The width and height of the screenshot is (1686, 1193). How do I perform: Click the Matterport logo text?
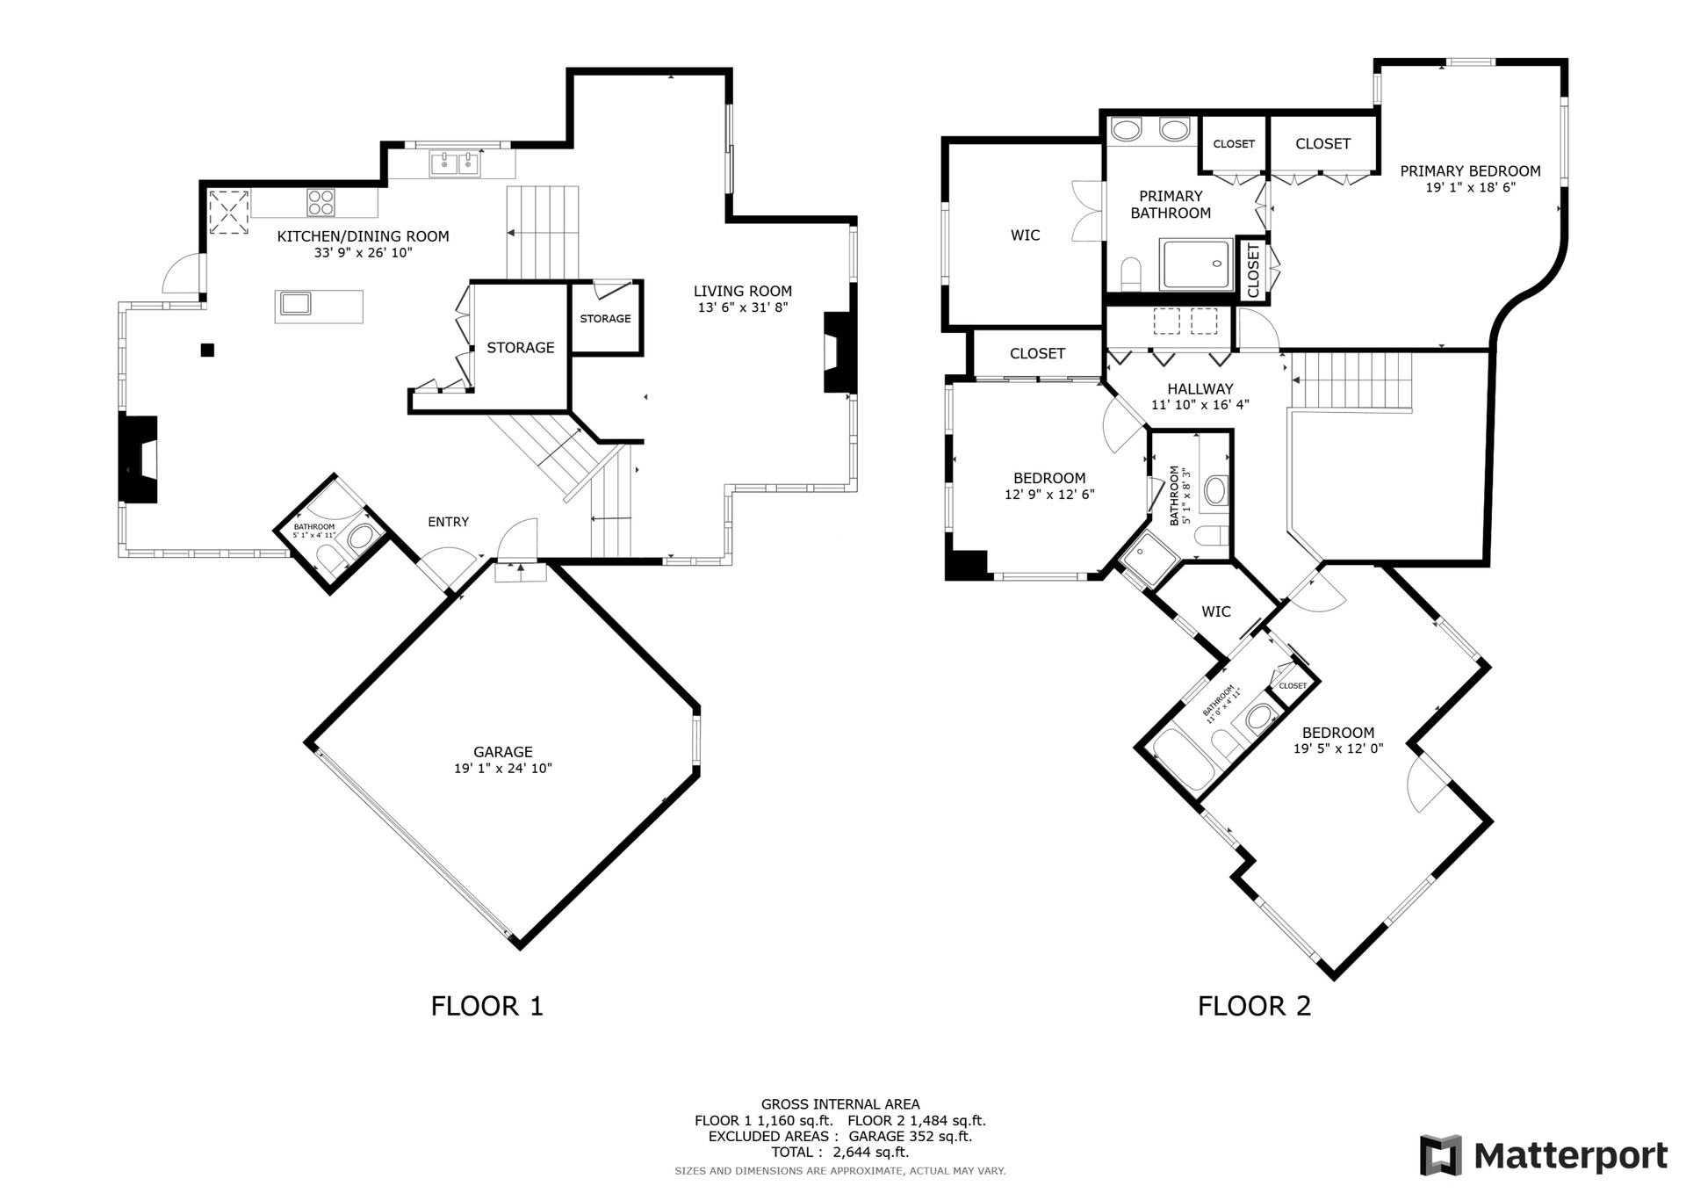[x=1570, y=1155]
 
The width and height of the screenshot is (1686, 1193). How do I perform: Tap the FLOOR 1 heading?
[x=487, y=1005]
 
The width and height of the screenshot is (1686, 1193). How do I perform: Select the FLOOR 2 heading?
[x=1254, y=1005]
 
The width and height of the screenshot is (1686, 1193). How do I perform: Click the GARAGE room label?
[x=503, y=752]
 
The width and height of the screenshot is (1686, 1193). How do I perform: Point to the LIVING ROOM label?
[x=743, y=291]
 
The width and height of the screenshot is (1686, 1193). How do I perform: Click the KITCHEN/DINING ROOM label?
[x=363, y=236]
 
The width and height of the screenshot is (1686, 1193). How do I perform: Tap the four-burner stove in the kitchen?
[x=321, y=203]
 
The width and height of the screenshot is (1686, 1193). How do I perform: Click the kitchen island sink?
[x=295, y=303]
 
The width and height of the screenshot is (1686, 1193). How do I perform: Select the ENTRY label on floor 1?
[x=448, y=522]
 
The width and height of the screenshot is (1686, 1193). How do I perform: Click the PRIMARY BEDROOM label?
[x=1470, y=171]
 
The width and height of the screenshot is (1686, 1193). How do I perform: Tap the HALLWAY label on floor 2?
[x=1200, y=389]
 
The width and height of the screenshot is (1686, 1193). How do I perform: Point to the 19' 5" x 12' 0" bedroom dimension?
[x=1338, y=748]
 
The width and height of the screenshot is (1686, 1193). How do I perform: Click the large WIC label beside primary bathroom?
[x=1025, y=235]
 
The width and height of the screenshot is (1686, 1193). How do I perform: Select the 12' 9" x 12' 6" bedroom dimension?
[x=1049, y=495]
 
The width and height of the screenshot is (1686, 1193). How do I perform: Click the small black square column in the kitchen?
[x=207, y=350]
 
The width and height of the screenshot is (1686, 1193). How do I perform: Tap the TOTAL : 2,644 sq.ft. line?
[x=839, y=1152]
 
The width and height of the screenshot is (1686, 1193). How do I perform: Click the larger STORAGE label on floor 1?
[x=521, y=348]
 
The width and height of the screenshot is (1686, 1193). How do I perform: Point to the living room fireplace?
[x=839, y=352]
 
